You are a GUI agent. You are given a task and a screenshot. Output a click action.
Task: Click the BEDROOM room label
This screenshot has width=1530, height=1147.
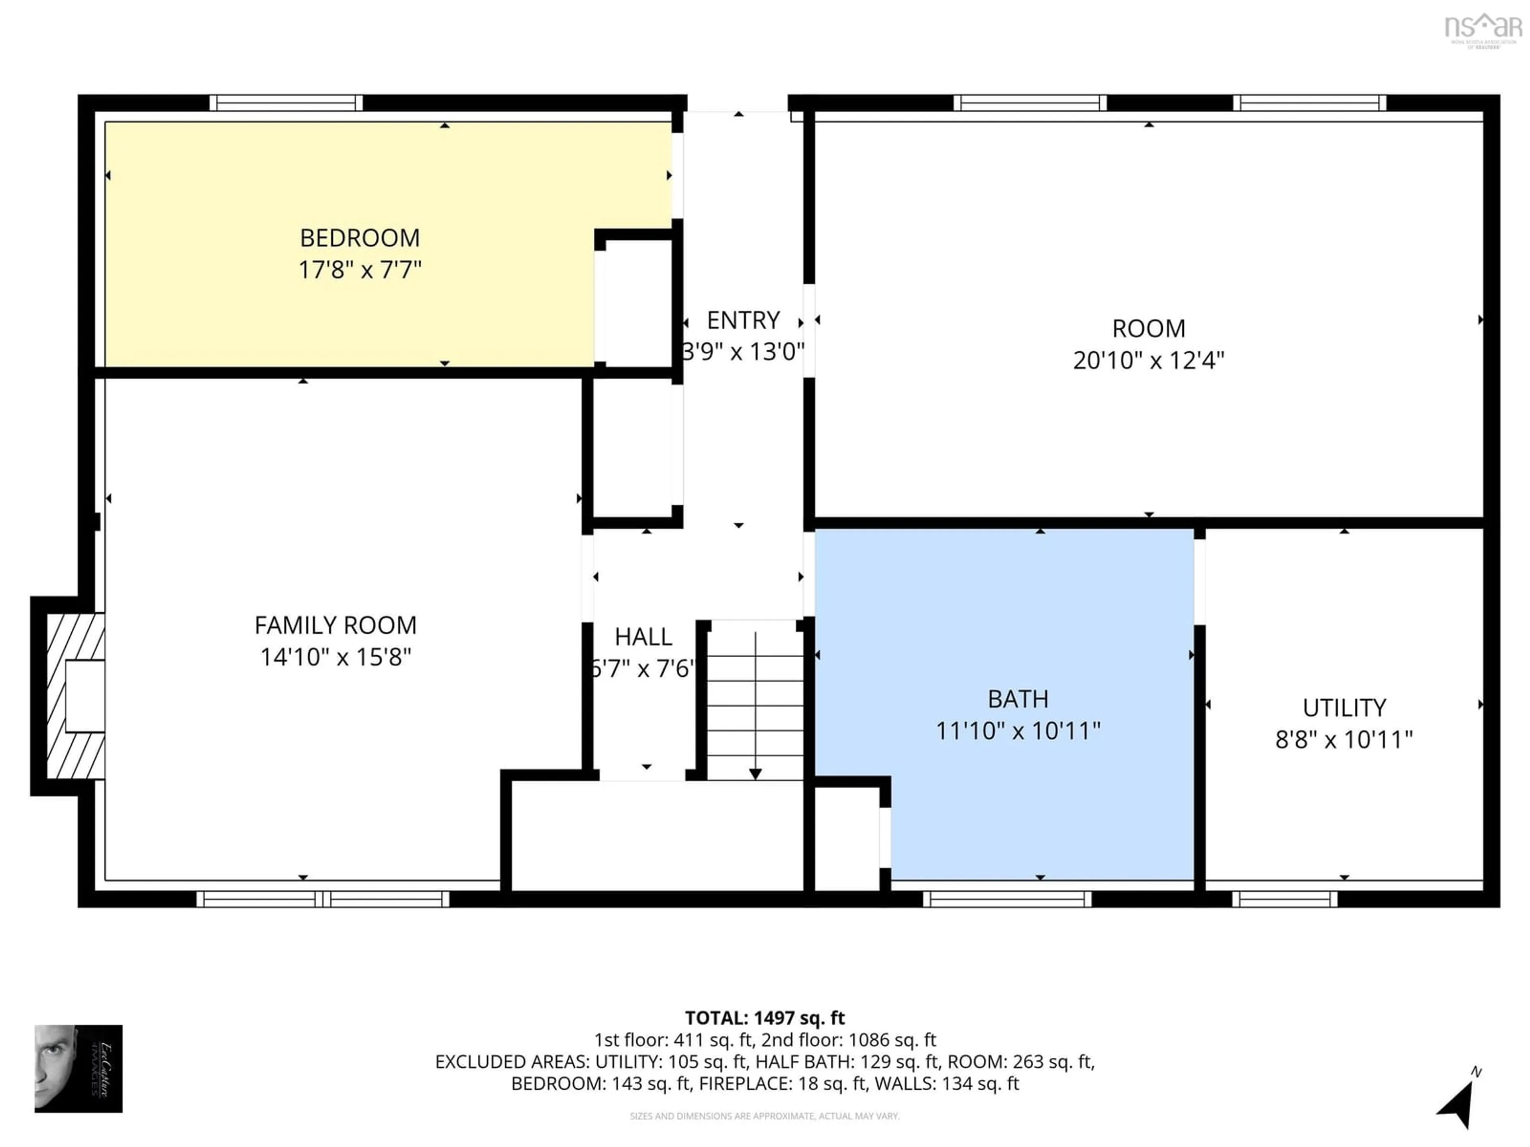click(x=360, y=238)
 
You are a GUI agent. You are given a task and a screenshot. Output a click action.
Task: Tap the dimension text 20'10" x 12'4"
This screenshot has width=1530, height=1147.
click(x=1148, y=360)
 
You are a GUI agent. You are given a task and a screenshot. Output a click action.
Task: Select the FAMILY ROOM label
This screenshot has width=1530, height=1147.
click(x=335, y=625)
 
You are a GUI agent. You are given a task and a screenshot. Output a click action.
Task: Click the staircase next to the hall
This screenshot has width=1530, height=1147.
click(x=755, y=702)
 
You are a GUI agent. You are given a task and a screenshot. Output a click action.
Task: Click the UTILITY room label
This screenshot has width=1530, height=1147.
click(x=1344, y=708)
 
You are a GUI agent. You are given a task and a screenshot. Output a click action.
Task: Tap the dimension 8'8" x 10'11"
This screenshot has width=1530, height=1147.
click(x=1344, y=740)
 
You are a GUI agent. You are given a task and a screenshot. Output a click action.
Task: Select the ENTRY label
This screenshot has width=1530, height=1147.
click(x=743, y=320)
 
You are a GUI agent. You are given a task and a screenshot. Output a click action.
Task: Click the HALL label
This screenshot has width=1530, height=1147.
click(x=643, y=637)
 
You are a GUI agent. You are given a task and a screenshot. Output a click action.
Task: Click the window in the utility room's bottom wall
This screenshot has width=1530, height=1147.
click(x=1285, y=899)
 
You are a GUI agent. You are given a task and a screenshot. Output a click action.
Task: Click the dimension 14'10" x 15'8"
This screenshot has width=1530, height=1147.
click(x=335, y=657)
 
